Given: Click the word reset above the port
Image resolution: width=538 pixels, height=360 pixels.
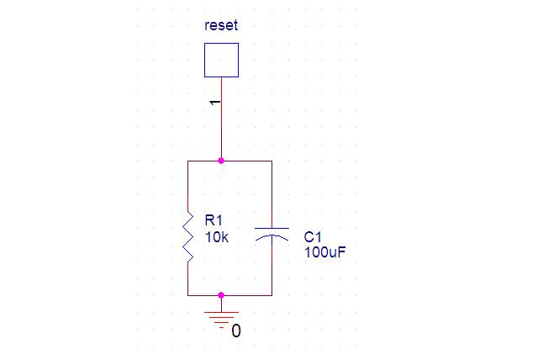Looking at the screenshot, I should (x=221, y=25).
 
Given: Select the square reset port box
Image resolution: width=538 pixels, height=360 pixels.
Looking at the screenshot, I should (x=221, y=60).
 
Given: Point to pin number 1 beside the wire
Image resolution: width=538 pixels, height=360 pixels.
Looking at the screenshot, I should (x=215, y=102).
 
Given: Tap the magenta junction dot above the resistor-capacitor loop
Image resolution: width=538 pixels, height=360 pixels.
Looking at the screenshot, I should (x=221, y=160).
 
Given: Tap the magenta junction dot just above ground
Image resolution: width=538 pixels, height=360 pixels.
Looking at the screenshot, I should (x=221, y=295).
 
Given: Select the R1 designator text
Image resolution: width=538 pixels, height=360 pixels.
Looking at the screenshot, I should (x=214, y=220).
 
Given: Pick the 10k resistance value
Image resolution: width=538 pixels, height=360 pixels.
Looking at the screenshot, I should (x=216, y=237).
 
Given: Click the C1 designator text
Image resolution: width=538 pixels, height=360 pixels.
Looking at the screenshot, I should (x=313, y=237).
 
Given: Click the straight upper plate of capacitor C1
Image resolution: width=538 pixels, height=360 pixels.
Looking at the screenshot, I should (x=272, y=228).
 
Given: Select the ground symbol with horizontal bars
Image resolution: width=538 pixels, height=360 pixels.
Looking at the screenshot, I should (x=221, y=317).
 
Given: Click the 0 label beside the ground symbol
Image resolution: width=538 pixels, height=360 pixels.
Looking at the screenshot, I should (x=236, y=331).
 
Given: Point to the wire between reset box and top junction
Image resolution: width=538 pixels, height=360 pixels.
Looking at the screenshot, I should (x=221, y=126).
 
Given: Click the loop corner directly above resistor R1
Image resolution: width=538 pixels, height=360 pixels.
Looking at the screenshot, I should (x=187, y=161).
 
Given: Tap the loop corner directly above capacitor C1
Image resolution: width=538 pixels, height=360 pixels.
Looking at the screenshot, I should (x=272, y=161).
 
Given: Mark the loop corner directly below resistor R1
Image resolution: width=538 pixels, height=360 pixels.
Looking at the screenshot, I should (x=187, y=295).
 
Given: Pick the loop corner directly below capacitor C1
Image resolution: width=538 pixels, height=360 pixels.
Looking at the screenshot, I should (x=272, y=295).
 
